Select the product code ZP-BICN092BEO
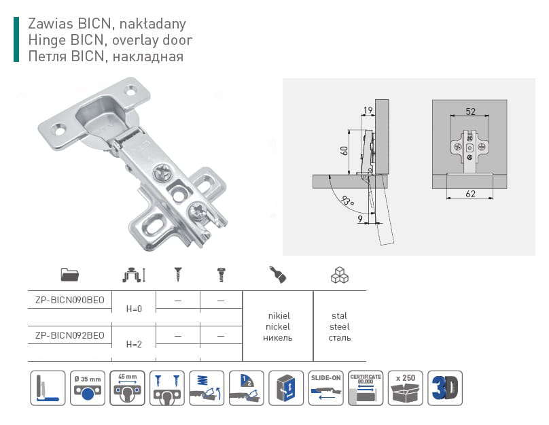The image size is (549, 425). point(69,335)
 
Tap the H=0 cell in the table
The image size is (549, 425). point(133,309)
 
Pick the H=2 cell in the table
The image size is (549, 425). point(133,344)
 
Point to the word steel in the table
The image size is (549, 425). point(339,326)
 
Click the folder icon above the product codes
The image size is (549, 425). point(69,275)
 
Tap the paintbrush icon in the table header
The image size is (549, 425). point(277,274)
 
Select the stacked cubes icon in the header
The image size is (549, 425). point(339,275)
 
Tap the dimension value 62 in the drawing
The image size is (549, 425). point(470,194)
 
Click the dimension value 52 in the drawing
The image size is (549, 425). point(470,111)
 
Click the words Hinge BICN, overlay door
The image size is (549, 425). point(115,40)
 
